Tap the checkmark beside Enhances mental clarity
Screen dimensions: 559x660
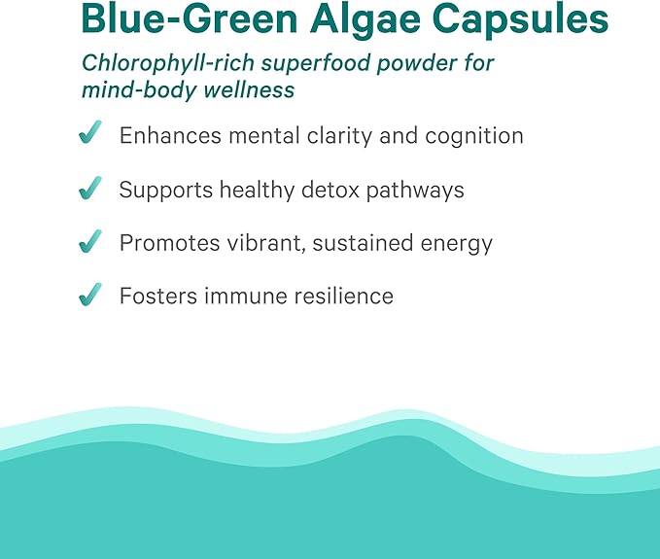click(x=90, y=135)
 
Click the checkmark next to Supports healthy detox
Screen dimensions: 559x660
click(x=90, y=189)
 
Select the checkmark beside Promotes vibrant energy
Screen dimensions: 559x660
click(x=90, y=242)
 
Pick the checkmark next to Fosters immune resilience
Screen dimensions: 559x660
click(x=90, y=296)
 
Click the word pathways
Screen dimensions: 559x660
click(x=417, y=190)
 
